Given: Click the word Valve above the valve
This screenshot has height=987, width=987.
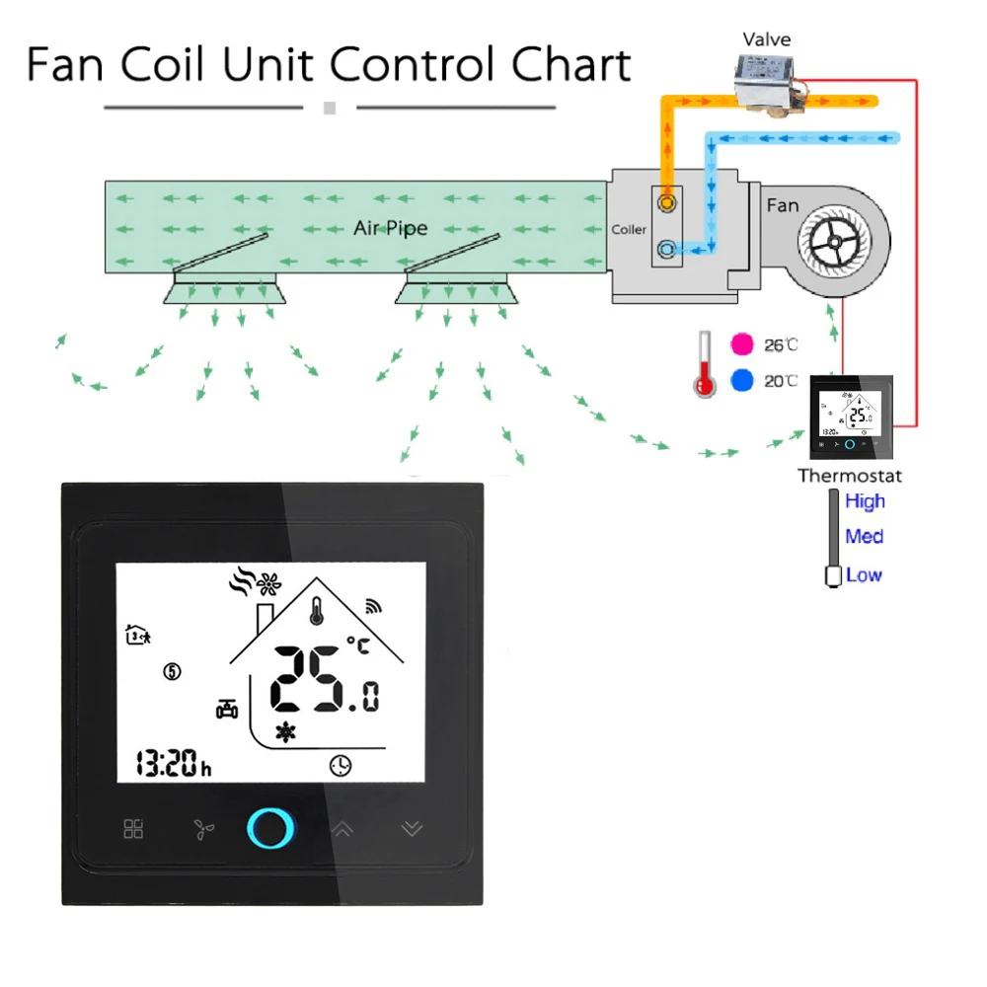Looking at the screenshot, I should click(767, 39).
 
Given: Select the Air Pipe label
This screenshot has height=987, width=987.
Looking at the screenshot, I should click(391, 228).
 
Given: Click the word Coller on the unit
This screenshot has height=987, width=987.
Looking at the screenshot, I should click(629, 230).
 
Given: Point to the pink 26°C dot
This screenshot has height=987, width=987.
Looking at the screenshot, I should click(741, 344).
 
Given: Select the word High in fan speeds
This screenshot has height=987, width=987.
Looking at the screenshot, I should click(865, 501).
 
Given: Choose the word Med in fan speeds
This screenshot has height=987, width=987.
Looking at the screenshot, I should click(864, 537).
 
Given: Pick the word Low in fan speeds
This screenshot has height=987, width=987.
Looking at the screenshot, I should click(864, 574).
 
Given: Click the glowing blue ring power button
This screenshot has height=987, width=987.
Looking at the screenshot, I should click(269, 827).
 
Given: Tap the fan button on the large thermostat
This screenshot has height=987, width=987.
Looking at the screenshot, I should click(203, 829).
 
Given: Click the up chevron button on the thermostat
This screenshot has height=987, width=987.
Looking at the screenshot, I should click(342, 829).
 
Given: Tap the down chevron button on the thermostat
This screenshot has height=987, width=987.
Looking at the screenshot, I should click(412, 829).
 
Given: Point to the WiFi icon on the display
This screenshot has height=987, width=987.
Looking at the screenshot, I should click(373, 606).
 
